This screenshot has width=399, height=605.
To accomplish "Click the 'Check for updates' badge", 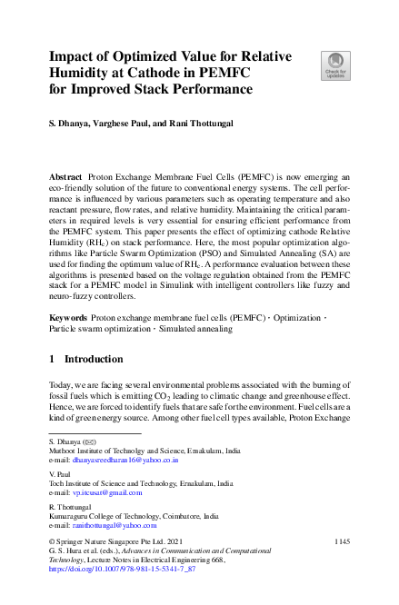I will pyautogui.click(x=335, y=64).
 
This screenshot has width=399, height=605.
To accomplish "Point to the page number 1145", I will pyautogui.click(x=341, y=542).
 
